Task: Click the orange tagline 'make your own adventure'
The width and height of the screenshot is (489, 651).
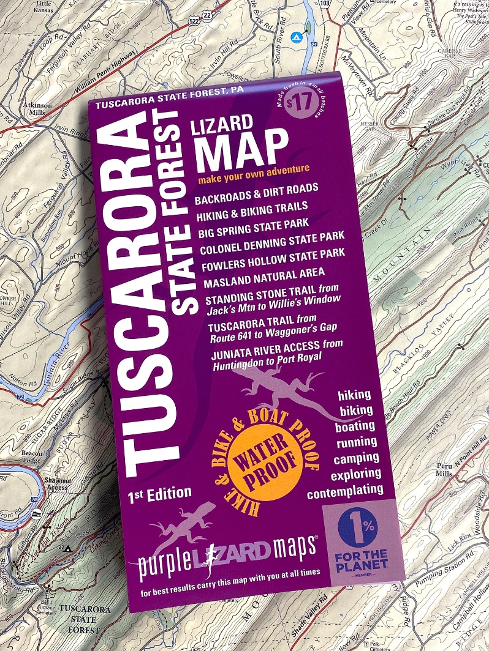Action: tap(254, 174)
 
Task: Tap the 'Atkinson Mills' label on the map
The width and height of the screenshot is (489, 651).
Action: tap(37, 108)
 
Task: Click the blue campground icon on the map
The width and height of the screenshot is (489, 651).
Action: tap(295, 37)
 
